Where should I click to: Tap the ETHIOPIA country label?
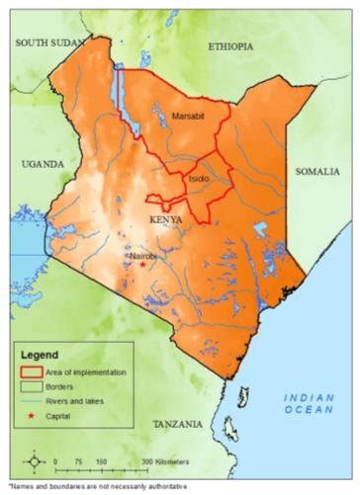pos(230,46)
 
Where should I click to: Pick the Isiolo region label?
pos(199,179)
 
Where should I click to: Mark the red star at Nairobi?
pos(142,264)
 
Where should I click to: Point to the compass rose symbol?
pos(35,461)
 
